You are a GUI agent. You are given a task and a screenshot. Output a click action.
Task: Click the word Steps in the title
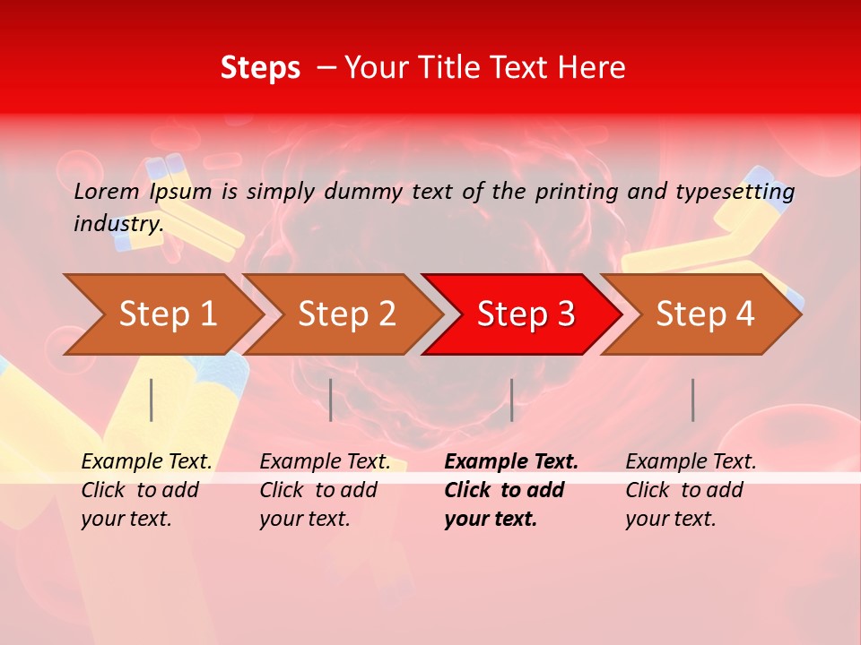(x=260, y=68)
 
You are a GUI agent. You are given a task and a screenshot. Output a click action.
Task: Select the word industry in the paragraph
(x=117, y=224)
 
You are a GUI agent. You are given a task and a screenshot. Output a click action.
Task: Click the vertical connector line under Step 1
(x=152, y=400)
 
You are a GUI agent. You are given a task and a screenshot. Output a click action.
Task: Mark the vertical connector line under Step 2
(x=331, y=400)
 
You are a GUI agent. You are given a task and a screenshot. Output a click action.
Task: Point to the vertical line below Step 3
(x=511, y=400)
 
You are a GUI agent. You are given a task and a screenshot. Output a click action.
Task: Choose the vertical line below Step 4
(x=692, y=400)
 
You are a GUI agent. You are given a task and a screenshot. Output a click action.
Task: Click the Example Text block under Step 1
(x=146, y=490)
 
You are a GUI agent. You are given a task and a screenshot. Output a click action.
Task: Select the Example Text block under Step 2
(x=325, y=490)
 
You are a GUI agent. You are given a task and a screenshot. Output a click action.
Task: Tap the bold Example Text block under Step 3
(x=511, y=490)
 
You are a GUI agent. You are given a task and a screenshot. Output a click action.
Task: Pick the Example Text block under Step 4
(x=691, y=490)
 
